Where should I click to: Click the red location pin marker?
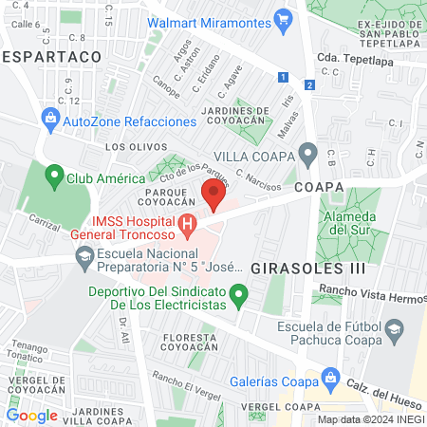(x=213, y=196)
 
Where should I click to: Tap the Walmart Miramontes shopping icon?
(x=282, y=19)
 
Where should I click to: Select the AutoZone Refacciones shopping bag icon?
(x=50, y=121)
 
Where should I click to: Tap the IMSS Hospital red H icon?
(x=188, y=226)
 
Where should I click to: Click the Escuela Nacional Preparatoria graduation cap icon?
(x=84, y=258)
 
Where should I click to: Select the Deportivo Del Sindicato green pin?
(x=240, y=298)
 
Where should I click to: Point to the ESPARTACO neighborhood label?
(x=53, y=57)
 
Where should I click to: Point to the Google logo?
(x=31, y=415)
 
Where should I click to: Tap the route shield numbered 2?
(x=309, y=84)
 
